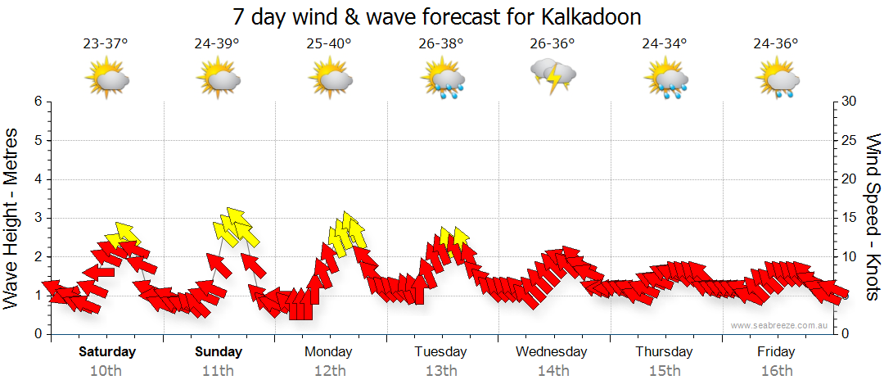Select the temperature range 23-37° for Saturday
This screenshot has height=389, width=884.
[x=106, y=44]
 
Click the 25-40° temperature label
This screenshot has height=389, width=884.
[x=330, y=44]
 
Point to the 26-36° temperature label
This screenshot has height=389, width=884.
[x=552, y=44]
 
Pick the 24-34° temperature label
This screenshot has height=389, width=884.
[x=665, y=44]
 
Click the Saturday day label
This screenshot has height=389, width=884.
[x=107, y=352]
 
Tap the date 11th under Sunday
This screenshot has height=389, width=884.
[x=219, y=371]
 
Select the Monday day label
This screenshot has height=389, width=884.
[x=328, y=352]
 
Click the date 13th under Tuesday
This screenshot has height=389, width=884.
[x=441, y=371]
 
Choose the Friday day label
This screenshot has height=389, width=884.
[x=776, y=352]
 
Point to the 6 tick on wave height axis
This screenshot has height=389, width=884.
[x=38, y=102]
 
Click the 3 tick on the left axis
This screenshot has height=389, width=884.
[x=38, y=218]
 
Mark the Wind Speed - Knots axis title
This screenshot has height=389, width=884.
[x=872, y=219]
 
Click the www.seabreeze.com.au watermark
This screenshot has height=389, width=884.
[x=781, y=325]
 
